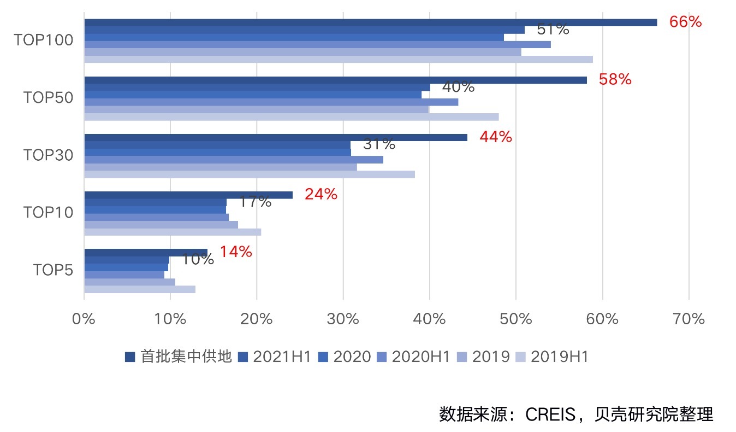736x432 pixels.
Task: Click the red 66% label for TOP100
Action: coord(685,22)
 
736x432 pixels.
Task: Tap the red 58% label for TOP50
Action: coord(615,80)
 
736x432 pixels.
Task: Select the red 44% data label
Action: coord(495,137)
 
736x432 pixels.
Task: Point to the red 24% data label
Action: coord(320,194)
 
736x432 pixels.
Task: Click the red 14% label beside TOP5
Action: coord(236,252)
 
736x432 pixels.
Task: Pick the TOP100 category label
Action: coord(44,40)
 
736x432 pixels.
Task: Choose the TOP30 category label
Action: coord(48,155)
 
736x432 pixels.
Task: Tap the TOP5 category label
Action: coord(53,270)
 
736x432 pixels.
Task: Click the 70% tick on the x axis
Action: coord(688,319)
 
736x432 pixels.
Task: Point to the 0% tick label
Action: coord(84,319)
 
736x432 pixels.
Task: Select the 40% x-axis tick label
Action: coord(429,319)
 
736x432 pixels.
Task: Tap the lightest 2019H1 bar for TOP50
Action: coord(291,116)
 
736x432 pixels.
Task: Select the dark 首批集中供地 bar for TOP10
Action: coord(188,195)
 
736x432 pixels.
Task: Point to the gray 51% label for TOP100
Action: coord(553,30)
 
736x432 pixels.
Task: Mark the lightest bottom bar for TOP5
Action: coord(139,289)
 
